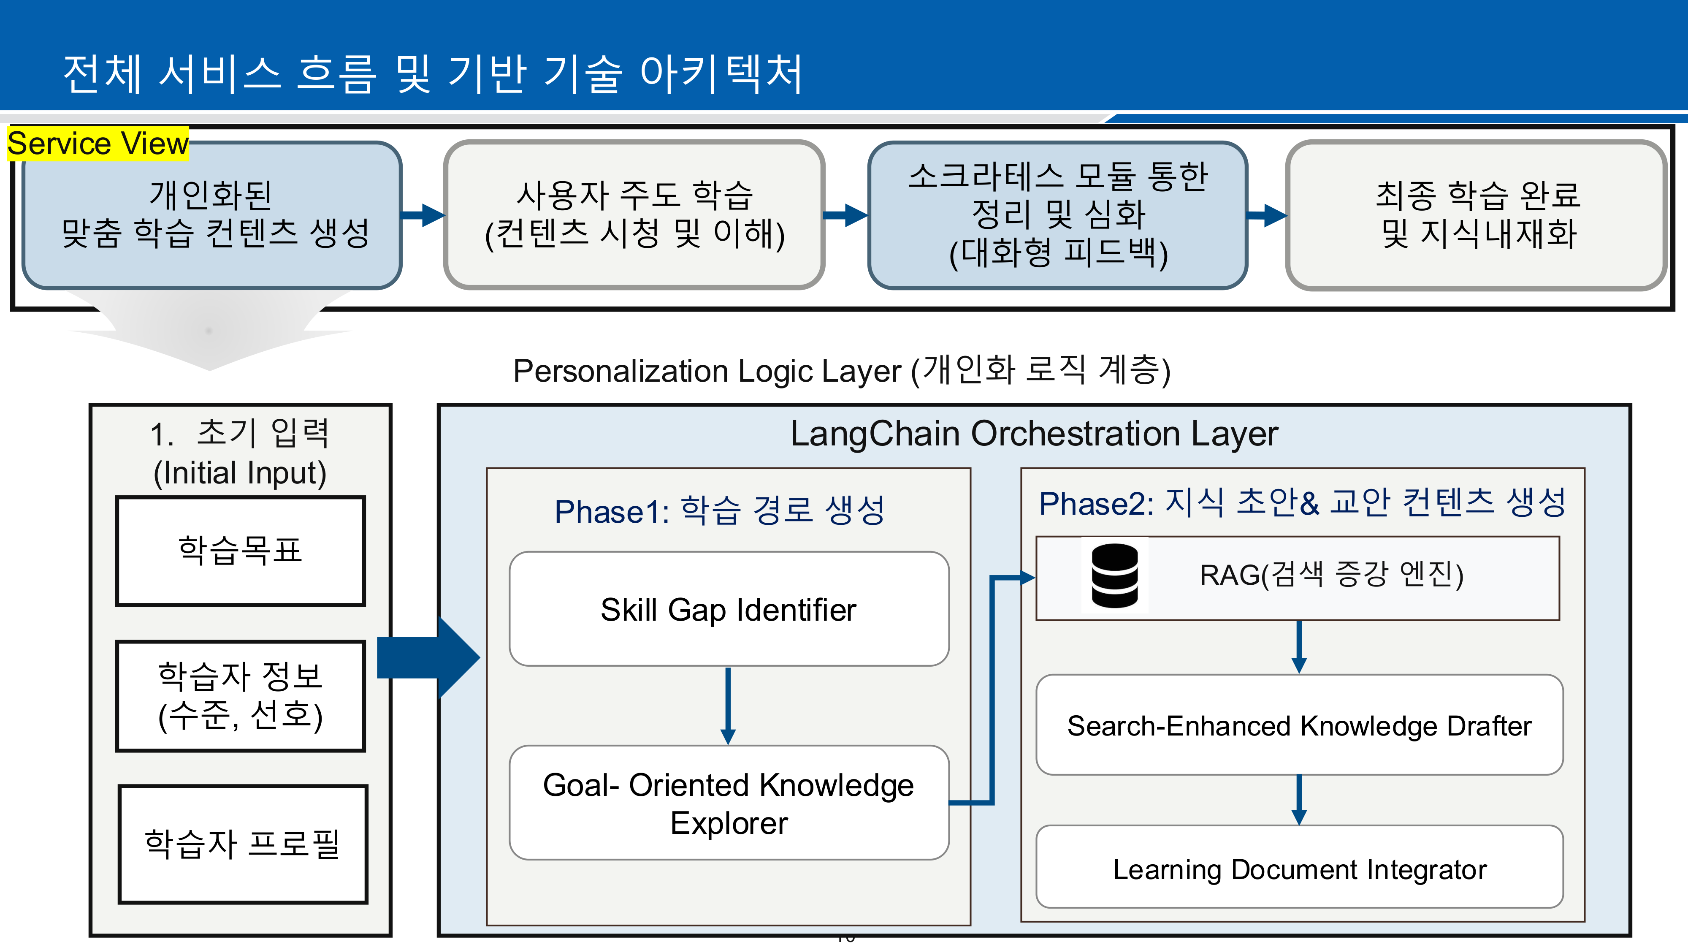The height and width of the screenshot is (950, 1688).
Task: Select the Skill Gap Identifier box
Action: pyautogui.click(x=729, y=609)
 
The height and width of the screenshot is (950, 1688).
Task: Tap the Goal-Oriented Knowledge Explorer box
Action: pyautogui.click(x=729, y=803)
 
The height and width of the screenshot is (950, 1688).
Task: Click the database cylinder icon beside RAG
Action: pyautogui.click(x=1114, y=575)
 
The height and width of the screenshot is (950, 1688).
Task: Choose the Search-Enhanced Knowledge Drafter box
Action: pyautogui.click(x=1299, y=725)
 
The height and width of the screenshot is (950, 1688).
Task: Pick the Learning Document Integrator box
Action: pyautogui.click(x=1299, y=868)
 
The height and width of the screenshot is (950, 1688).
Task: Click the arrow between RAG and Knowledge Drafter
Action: pyautogui.click(x=1299, y=646)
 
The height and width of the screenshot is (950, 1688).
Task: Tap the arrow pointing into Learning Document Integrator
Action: pyautogui.click(x=1299, y=800)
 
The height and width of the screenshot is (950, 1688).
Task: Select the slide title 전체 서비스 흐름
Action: pyautogui.click(x=433, y=73)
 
